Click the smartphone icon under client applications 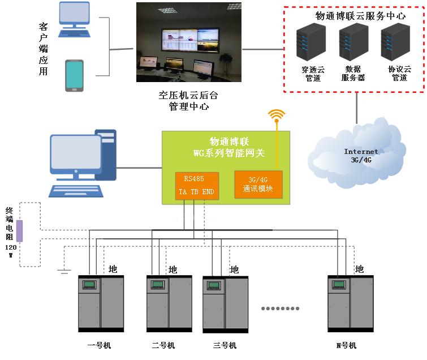(74, 75)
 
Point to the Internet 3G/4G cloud (360, 155)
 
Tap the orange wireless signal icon (277, 116)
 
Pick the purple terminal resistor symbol (19, 231)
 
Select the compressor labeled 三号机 (225, 303)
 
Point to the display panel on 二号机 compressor (157, 284)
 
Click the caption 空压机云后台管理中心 (189, 101)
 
